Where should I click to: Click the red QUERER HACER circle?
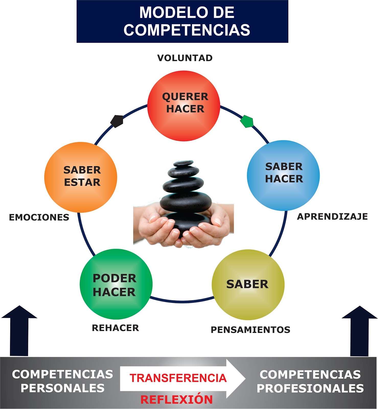click(184, 106)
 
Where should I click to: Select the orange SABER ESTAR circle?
click(81, 177)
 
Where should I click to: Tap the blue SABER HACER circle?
click(283, 175)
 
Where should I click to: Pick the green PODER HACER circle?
click(116, 284)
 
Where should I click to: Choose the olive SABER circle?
click(248, 285)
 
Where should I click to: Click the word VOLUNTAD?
click(185, 58)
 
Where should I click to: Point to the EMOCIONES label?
click(39, 217)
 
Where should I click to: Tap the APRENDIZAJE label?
click(332, 217)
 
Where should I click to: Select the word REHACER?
click(116, 328)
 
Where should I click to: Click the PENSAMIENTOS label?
click(250, 330)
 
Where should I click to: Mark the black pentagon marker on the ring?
click(117, 121)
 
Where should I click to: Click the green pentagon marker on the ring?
click(247, 121)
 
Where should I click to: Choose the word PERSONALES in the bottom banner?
click(63, 388)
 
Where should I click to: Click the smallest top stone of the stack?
click(183, 163)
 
